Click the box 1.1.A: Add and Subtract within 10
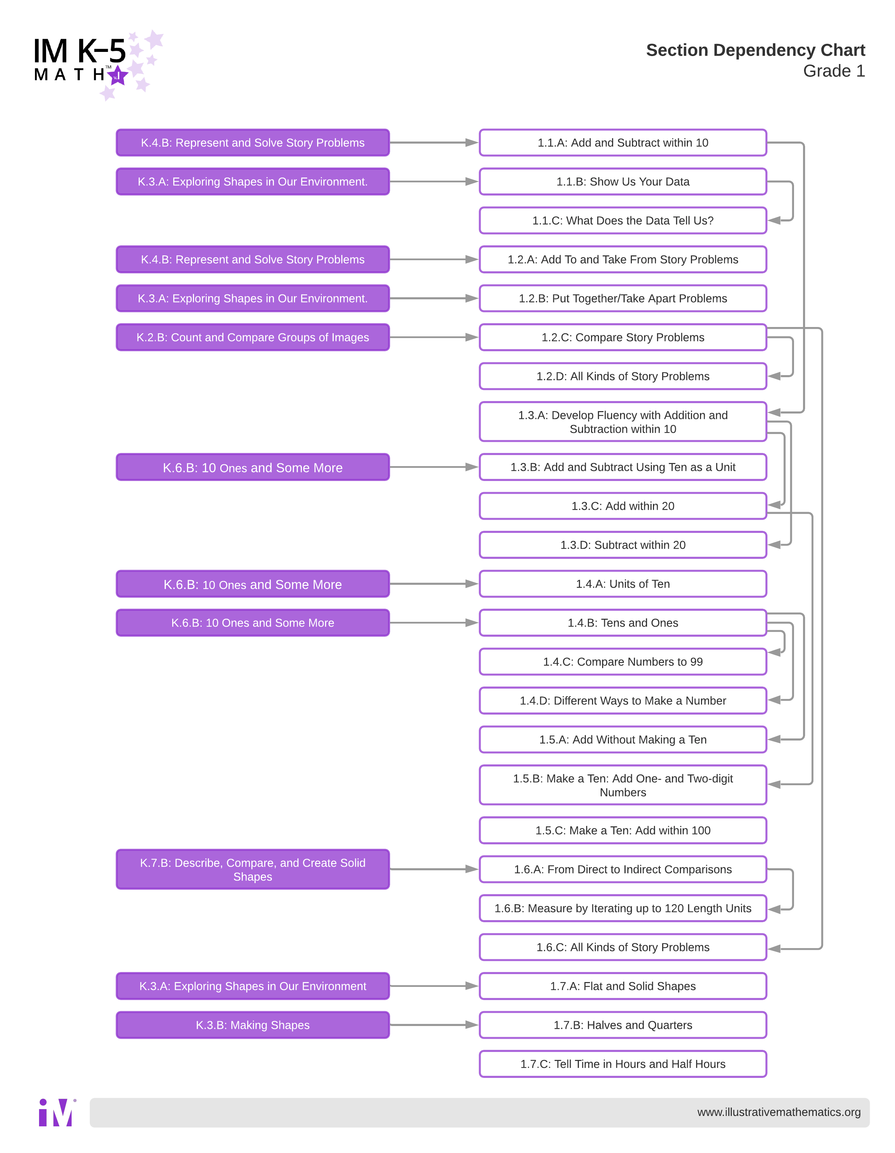pyautogui.click(x=623, y=143)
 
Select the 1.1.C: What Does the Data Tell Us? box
pyautogui.click(x=623, y=221)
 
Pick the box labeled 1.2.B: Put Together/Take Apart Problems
pyautogui.click(x=623, y=298)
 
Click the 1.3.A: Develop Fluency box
pyautogui.click(x=623, y=422)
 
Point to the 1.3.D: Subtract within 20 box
pyautogui.click(x=623, y=545)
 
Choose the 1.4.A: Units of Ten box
pyautogui.click(x=623, y=584)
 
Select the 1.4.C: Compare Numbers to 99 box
pyautogui.click(x=623, y=662)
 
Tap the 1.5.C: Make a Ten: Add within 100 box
pyautogui.click(x=623, y=830)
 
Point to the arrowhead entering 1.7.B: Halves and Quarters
pyautogui.click(x=472, y=1025)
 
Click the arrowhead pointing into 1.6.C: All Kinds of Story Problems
pyautogui.click(x=775, y=949)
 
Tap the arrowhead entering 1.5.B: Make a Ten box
pyautogui.click(x=775, y=784)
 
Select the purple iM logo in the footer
pyautogui.click(x=56, y=1113)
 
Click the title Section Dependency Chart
pyautogui.click(x=755, y=50)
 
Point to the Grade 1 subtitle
pyautogui.click(x=834, y=71)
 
